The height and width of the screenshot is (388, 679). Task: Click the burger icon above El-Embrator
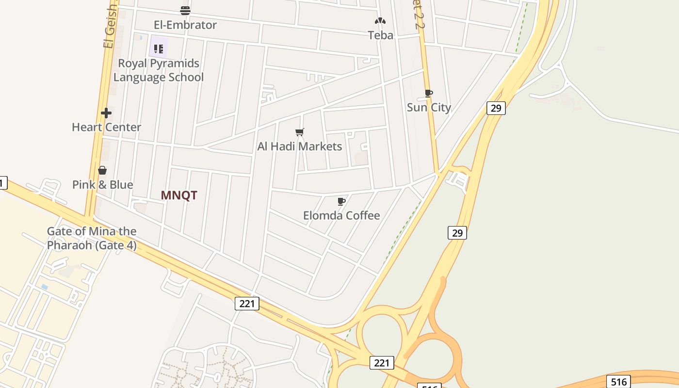(x=185, y=10)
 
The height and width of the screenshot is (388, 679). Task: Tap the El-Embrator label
(x=185, y=25)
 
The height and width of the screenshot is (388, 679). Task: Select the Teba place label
(x=380, y=35)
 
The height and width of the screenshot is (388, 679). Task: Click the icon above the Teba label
(x=380, y=21)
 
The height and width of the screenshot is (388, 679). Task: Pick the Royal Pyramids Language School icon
(x=159, y=48)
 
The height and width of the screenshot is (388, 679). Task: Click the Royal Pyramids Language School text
(x=159, y=70)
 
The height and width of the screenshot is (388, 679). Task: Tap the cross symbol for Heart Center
(x=106, y=113)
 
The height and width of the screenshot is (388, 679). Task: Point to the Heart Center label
(x=106, y=127)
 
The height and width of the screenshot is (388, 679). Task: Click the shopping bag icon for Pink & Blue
(x=102, y=170)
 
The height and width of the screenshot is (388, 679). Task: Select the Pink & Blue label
(x=102, y=185)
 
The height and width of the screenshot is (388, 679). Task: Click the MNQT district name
(x=179, y=195)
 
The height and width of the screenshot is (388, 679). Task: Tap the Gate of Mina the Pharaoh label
(x=92, y=238)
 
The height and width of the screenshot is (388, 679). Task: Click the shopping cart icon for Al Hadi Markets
(x=300, y=132)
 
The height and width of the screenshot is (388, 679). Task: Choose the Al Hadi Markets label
(x=300, y=146)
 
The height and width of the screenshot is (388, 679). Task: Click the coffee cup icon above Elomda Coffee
(x=341, y=201)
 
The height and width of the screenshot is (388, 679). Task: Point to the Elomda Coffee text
(x=341, y=215)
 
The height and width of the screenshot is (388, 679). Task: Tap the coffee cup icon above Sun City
(x=428, y=93)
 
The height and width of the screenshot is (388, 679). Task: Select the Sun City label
(x=429, y=107)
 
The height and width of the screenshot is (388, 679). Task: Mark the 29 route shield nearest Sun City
(x=496, y=108)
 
